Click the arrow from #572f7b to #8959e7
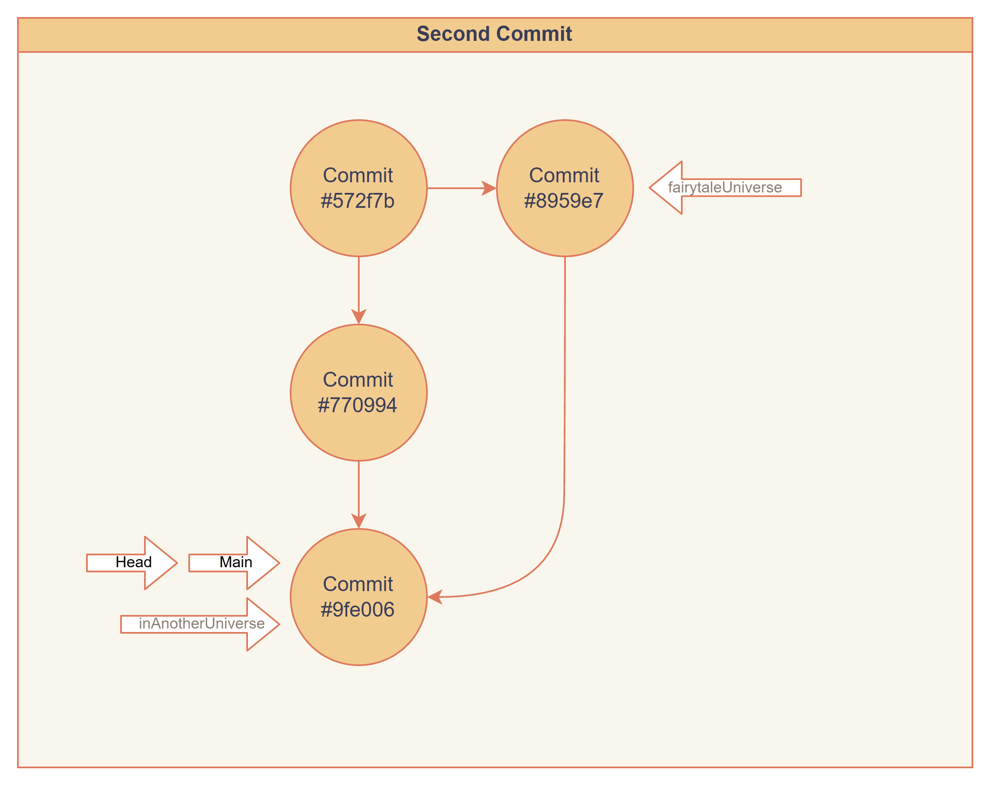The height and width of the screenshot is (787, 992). pos(460,188)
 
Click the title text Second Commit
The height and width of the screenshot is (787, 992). pos(494,34)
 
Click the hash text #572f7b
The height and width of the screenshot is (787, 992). pos(358,201)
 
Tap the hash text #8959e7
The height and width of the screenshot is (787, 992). pos(564,201)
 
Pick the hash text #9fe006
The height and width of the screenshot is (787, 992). pos(358,610)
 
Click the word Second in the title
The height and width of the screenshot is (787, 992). pos(453,34)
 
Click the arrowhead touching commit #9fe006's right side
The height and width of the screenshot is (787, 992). pos(435,597)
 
